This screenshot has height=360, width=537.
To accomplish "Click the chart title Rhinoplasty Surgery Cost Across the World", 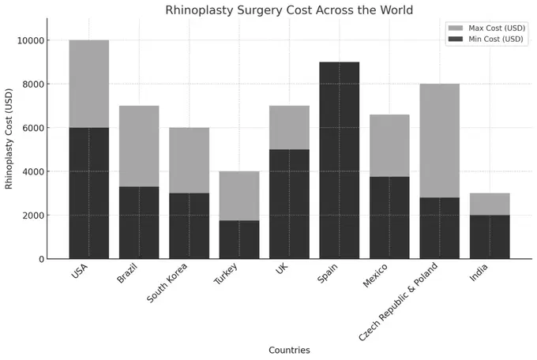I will click(x=288, y=10).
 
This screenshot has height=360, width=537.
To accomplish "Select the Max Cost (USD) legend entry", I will click(x=490, y=28).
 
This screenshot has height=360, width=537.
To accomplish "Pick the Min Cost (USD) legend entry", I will click(x=490, y=39).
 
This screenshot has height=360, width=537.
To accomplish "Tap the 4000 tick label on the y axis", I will click(x=32, y=171).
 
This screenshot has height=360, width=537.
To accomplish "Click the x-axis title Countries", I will click(x=289, y=350).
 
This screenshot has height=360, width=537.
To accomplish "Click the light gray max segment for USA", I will click(x=89, y=84).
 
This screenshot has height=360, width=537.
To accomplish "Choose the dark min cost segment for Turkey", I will click(x=239, y=239).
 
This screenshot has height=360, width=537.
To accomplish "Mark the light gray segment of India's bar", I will click(x=490, y=204).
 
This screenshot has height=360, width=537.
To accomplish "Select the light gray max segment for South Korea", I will click(x=190, y=160).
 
